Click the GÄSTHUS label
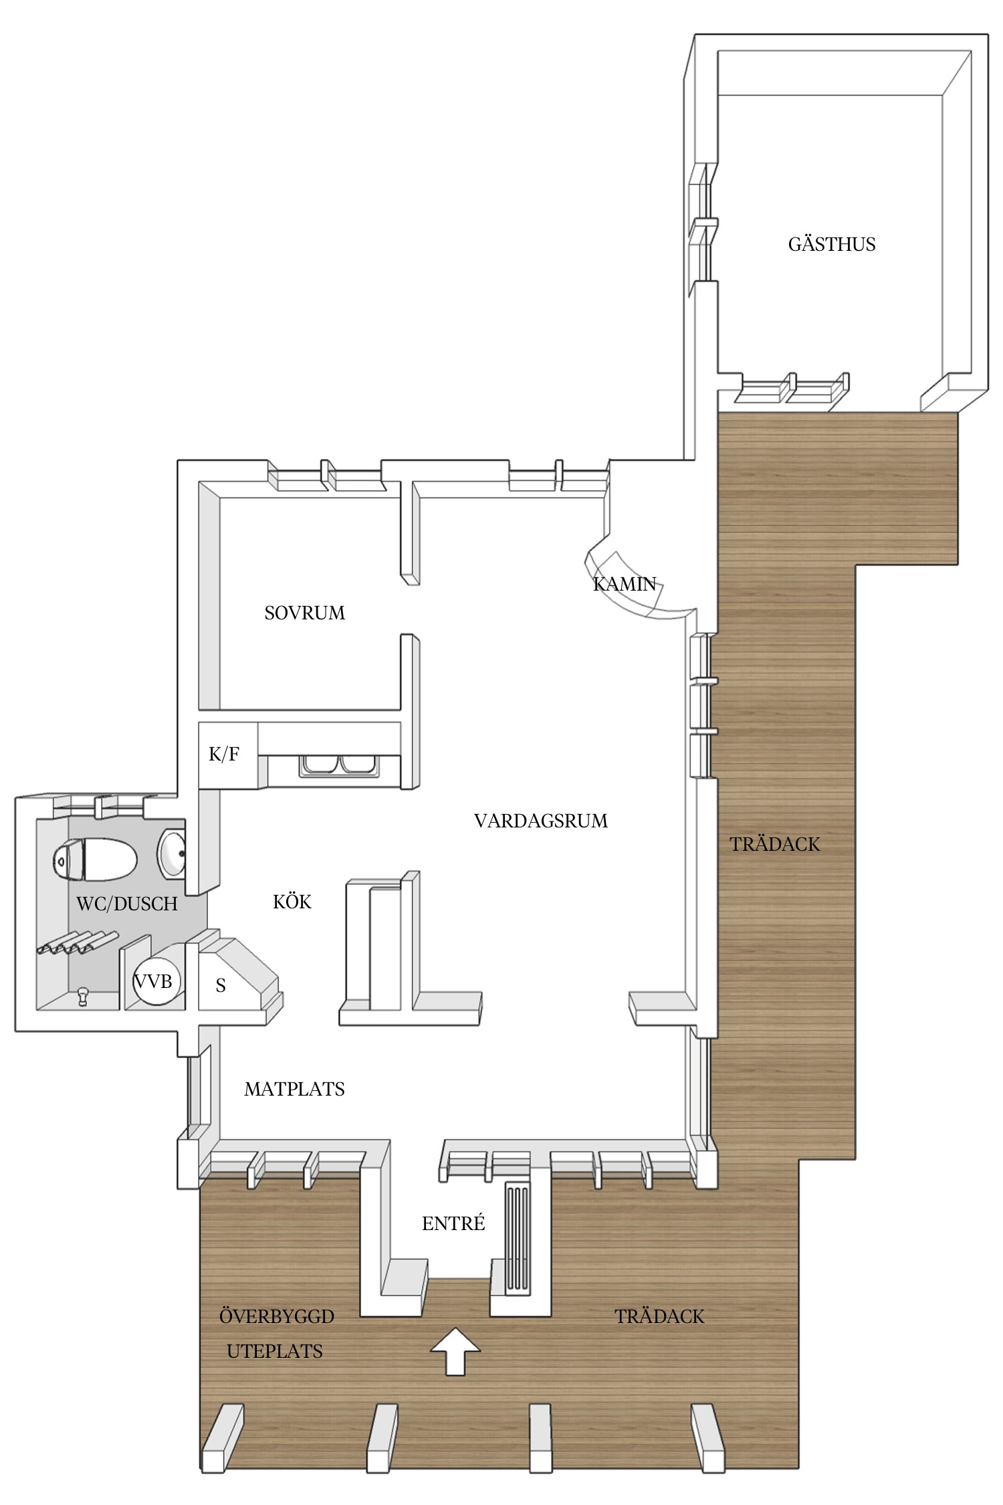(832, 244)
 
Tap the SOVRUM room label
(305, 613)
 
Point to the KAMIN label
(625, 584)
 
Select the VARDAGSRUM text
(541, 821)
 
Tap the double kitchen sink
(339, 765)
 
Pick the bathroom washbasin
(172, 854)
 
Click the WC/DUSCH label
(127, 904)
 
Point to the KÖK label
(292, 902)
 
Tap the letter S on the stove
(221, 986)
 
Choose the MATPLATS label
(294, 1089)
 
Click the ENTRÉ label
(453, 1223)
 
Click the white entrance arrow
(455, 1351)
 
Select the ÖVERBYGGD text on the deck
(277, 1316)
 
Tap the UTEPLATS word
(275, 1351)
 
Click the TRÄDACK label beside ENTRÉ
(659, 1316)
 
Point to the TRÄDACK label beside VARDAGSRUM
(775, 844)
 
